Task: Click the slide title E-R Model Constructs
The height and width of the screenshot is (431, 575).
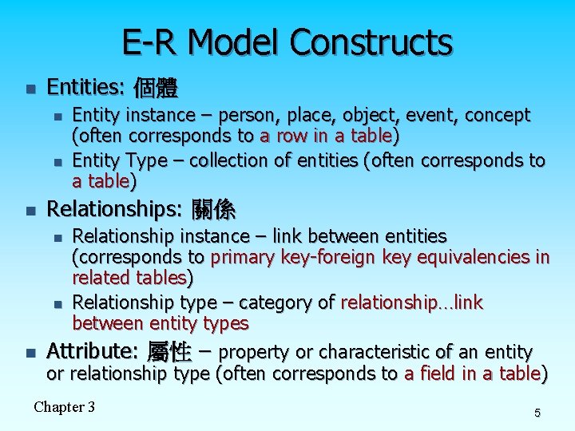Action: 287,42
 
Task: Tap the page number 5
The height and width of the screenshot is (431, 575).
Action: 537,413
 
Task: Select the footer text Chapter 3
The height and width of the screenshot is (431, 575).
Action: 64,407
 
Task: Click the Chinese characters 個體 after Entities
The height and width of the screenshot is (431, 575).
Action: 156,87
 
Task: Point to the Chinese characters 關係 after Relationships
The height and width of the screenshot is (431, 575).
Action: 213,210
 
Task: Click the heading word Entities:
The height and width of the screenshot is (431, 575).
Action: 85,86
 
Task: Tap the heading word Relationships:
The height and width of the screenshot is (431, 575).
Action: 113,209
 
